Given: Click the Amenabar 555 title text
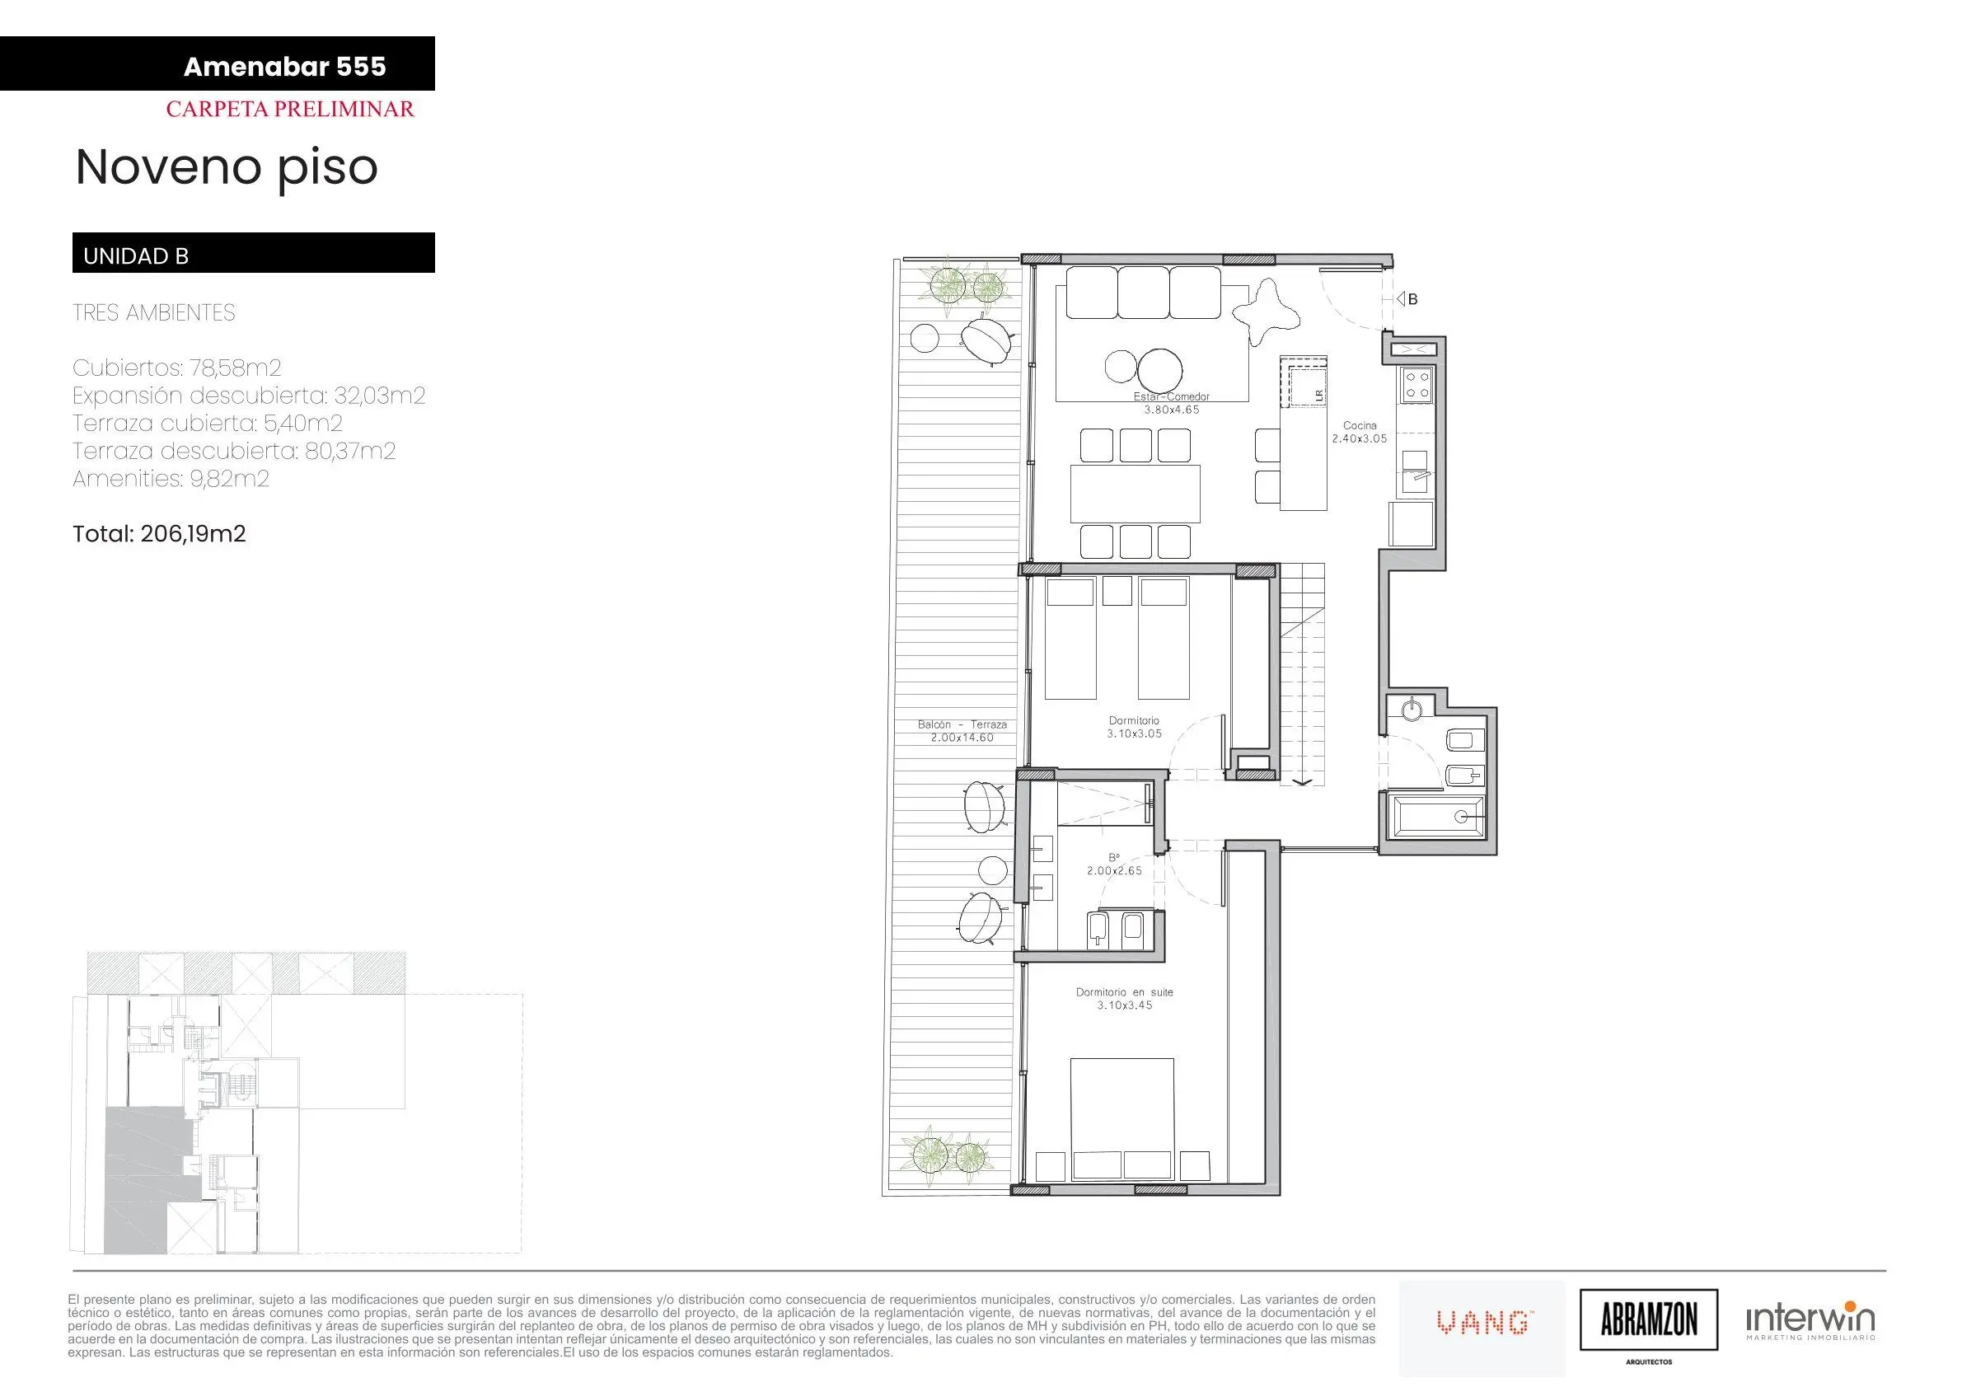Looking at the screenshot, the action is tap(284, 67).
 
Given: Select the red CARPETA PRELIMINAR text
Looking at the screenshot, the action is tap(290, 110).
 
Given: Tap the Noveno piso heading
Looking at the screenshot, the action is tap(227, 168).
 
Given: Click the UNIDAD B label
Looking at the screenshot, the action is tap(136, 256).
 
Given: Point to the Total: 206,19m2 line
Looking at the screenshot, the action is tap(159, 534).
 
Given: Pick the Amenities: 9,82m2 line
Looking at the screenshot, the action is tap(171, 479).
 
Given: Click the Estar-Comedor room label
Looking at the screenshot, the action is tap(1172, 396).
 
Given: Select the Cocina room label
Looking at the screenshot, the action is tap(1360, 425).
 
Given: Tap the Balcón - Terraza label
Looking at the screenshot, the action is tap(962, 724).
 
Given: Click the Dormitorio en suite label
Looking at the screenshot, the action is tap(1125, 992).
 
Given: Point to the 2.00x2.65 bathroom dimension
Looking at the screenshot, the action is tap(1114, 871).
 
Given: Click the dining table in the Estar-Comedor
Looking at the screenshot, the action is tap(1135, 493).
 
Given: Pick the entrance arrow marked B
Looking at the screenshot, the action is tap(1401, 299).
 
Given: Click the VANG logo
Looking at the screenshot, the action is tap(1483, 1324).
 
